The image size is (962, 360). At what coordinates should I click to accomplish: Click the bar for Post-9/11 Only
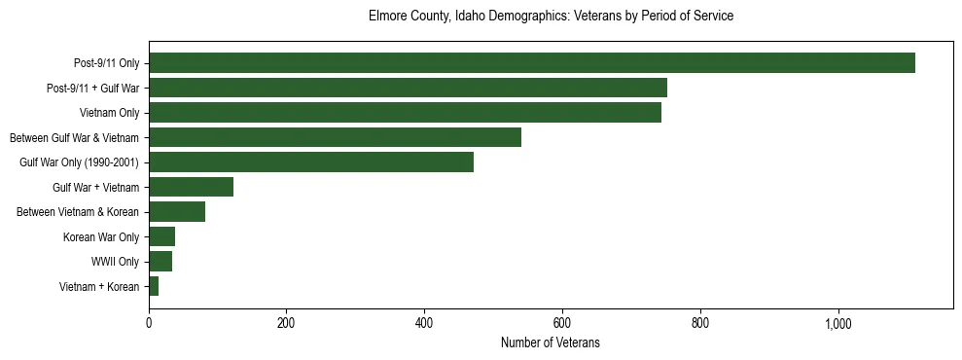tap(531, 63)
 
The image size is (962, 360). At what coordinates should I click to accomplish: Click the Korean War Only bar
tap(161, 236)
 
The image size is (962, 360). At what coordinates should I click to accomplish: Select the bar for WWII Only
tap(160, 261)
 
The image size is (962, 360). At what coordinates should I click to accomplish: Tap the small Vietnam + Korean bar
tap(154, 286)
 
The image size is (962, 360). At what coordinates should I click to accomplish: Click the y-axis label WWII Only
tap(115, 262)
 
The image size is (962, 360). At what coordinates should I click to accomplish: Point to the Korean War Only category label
tap(101, 236)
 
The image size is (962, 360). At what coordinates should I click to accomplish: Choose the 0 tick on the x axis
tap(149, 323)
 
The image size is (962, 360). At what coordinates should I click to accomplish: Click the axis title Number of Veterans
tap(550, 343)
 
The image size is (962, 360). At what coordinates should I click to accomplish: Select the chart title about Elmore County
tap(551, 17)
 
